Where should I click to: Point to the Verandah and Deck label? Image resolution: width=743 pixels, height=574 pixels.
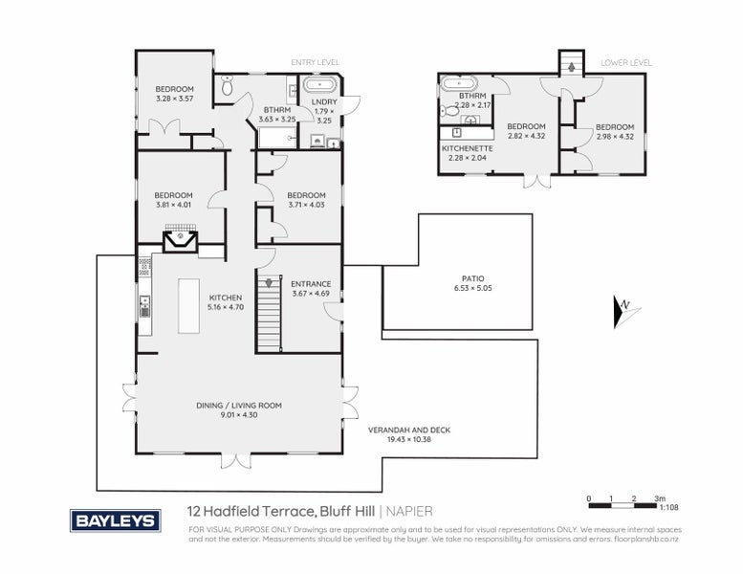tap(408, 434)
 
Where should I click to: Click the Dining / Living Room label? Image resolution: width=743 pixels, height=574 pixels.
tap(238, 409)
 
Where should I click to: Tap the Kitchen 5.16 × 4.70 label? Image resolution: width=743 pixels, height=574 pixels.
tap(227, 302)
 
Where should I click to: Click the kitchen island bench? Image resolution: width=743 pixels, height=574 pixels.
tap(188, 306)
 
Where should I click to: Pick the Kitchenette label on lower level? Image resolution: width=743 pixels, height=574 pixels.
tap(467, 153)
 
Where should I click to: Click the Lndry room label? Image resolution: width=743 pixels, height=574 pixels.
tap(323, 111)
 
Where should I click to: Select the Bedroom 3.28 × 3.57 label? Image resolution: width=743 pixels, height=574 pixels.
tap(174, 94)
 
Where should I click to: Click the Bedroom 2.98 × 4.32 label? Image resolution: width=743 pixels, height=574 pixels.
tap(614, 132)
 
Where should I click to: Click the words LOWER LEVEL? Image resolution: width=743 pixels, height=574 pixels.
tap(625, 63)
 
